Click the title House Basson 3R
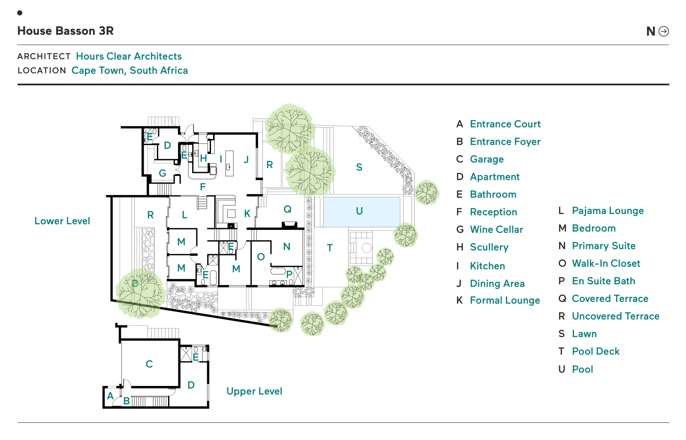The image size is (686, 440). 66,31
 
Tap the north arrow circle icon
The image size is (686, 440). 664,31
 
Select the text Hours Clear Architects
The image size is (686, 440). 129,56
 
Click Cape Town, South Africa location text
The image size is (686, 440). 129,70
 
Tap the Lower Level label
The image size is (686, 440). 62,221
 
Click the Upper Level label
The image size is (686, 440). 254,391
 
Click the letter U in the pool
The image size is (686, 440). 359,211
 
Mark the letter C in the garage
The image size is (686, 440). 149,364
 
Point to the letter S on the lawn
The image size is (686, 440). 359,167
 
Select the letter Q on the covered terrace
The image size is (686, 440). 287,209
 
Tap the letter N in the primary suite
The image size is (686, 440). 287,247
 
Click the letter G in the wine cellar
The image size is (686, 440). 162,173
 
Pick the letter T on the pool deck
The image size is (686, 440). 330,248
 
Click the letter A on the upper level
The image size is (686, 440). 111,396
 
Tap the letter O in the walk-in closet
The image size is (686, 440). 261,257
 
